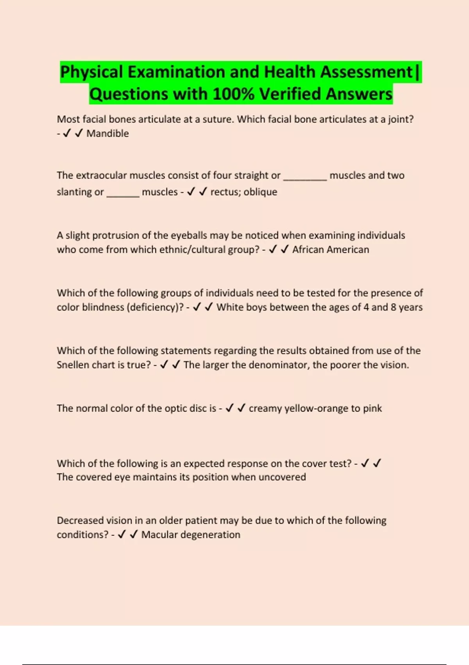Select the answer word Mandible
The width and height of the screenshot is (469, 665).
coord(107,134)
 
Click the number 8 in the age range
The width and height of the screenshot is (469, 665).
coord(394,307)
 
